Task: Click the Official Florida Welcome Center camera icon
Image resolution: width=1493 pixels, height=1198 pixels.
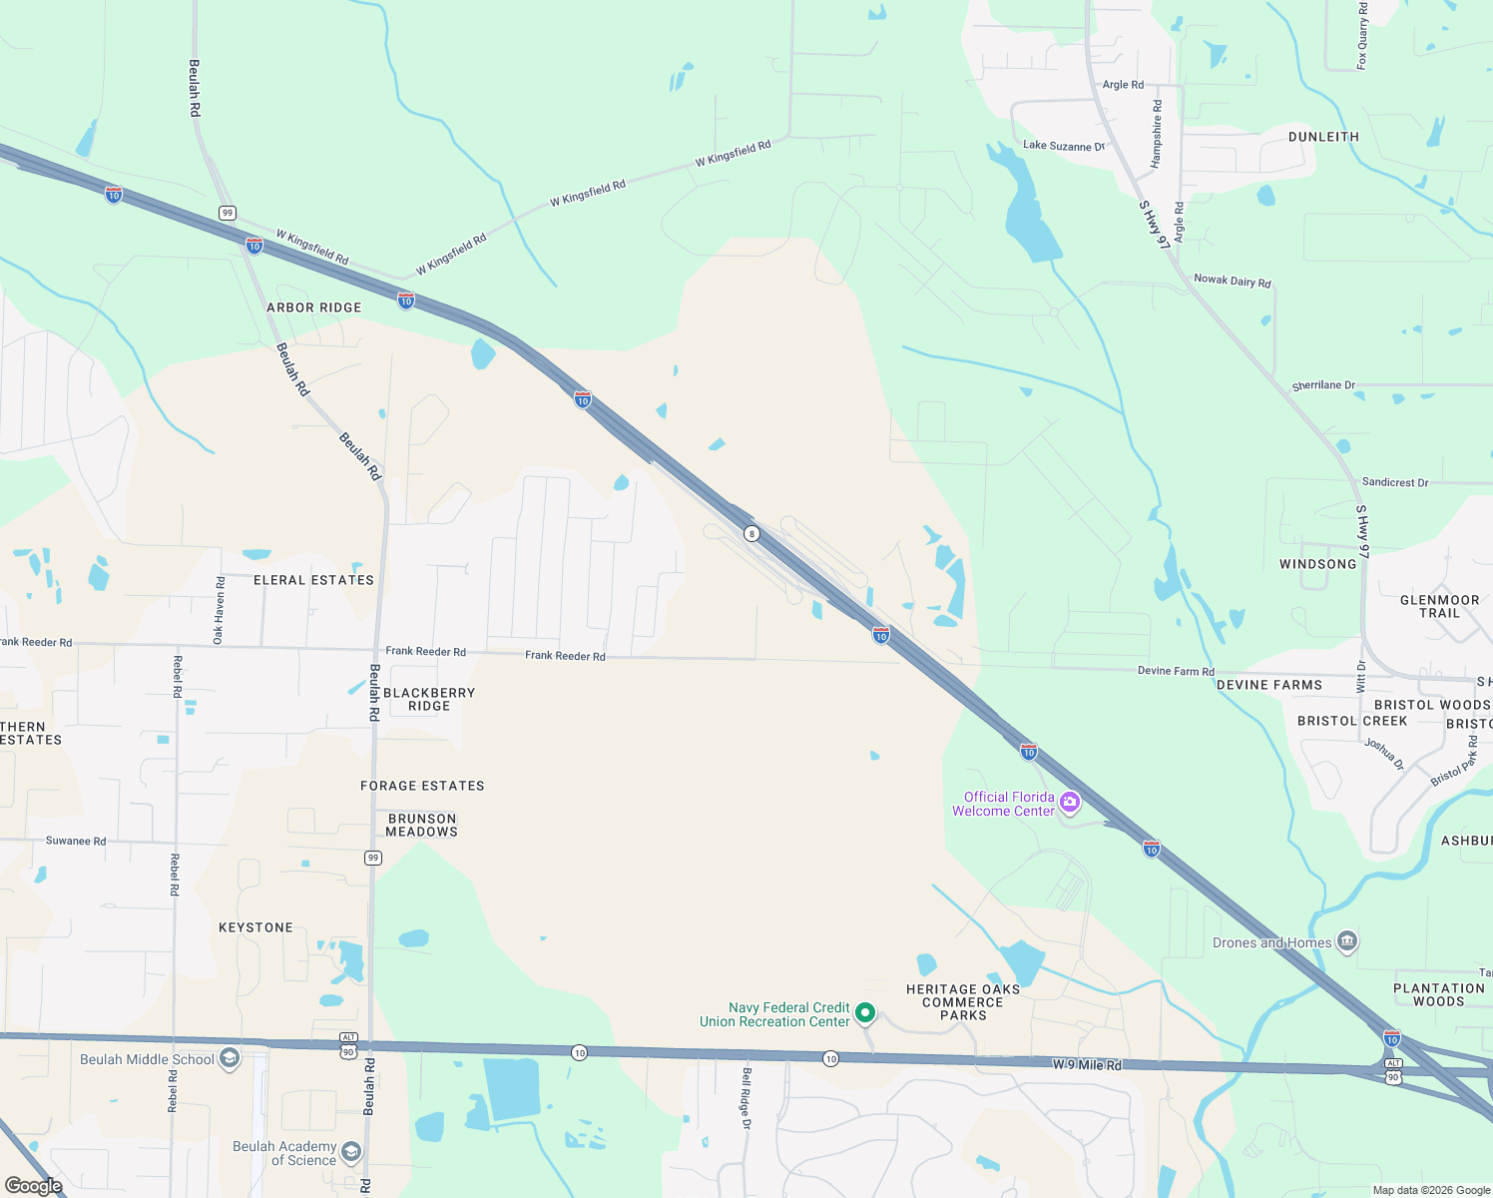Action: point(1070,803)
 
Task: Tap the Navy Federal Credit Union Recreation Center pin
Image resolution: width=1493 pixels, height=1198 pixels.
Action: point(865,1013)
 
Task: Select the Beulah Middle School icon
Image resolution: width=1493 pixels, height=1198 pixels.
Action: point(230,1058)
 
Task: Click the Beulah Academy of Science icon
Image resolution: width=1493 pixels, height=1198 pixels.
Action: point(350,1152)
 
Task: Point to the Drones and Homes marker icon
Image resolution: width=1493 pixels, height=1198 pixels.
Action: point(1346,941)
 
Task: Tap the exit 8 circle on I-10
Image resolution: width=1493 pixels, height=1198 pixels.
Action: point(751,533)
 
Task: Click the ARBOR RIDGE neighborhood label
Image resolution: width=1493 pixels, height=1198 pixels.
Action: point(313,307)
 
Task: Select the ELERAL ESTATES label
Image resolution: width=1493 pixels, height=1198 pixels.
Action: point(313,580)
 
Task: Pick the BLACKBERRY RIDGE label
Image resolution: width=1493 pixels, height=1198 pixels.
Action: point(429,699)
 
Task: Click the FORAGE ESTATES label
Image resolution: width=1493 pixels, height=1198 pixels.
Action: point(422,786)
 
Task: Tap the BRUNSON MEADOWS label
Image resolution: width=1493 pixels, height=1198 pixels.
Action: point(422,825)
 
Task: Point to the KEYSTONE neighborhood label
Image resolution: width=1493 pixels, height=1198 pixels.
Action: point(255,927)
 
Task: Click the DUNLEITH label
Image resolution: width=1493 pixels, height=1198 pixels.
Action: point(1323,137)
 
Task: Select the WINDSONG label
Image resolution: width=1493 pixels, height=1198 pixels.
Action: point(1317,564)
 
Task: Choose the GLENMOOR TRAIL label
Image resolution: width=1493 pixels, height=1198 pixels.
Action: point(1439,606)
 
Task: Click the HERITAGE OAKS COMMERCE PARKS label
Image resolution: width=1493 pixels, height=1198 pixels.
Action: point(963,1002)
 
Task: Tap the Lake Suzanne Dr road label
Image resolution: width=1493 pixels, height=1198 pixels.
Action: point(1064,146)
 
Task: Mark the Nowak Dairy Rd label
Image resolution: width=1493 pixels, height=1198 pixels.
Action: point(1233,281)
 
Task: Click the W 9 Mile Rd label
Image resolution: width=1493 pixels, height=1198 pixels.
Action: point(1087,1065)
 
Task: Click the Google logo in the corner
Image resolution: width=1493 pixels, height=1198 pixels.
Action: point(34,1185)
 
